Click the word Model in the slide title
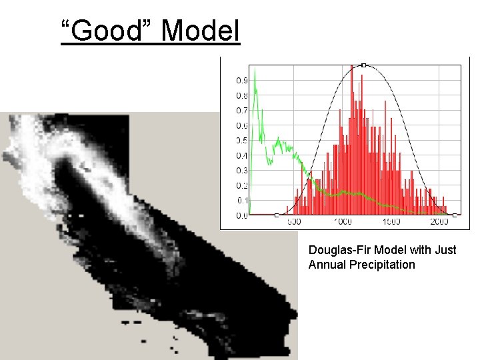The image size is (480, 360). (200, 31)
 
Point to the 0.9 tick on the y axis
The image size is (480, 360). (241, 80)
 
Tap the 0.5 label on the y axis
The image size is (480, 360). (241, 141)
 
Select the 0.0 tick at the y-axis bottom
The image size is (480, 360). (241, 215)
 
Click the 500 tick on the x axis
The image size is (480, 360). (294, 222)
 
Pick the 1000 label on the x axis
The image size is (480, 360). (342, 222)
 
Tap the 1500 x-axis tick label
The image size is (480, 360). (391, 222)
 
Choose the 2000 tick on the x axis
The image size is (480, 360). (439, 222)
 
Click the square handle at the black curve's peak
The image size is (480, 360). (363, 65)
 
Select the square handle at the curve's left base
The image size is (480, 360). (277, 215)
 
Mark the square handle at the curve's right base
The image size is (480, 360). (455, 215)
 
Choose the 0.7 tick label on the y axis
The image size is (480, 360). (241, 111)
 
